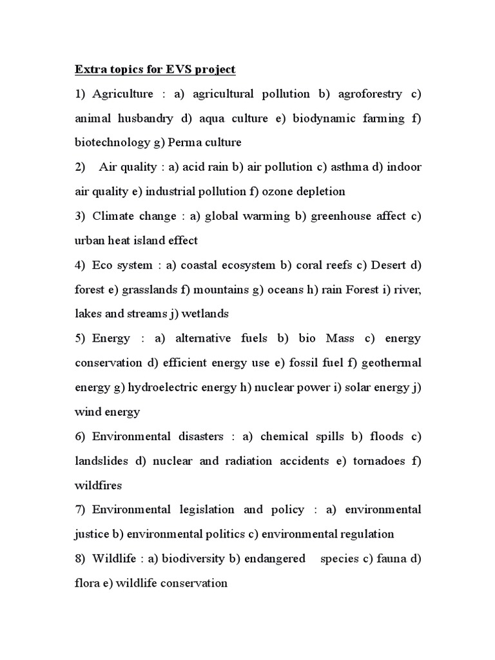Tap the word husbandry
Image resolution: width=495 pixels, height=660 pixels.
[146, 119]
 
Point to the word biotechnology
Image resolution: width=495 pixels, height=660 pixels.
[112, 142]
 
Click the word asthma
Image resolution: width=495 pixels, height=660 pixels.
[348, 167]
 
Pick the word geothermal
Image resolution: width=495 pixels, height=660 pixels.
[391, 363]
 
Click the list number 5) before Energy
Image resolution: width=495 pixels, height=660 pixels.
[81, 338]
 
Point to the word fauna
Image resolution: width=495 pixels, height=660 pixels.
[391, 559]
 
